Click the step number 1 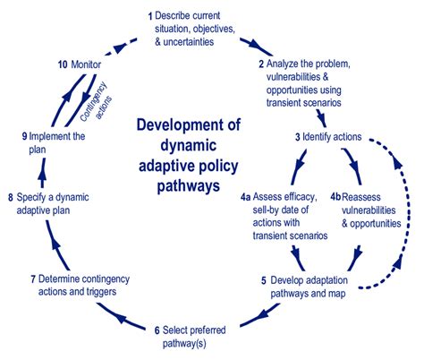(x=151, y=16)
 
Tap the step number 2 (x=262, y=64)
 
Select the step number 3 (x=298, y=136)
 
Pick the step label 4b (x=336, y=195)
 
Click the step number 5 (x=264, y=280)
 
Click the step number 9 (x=24, y=136)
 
